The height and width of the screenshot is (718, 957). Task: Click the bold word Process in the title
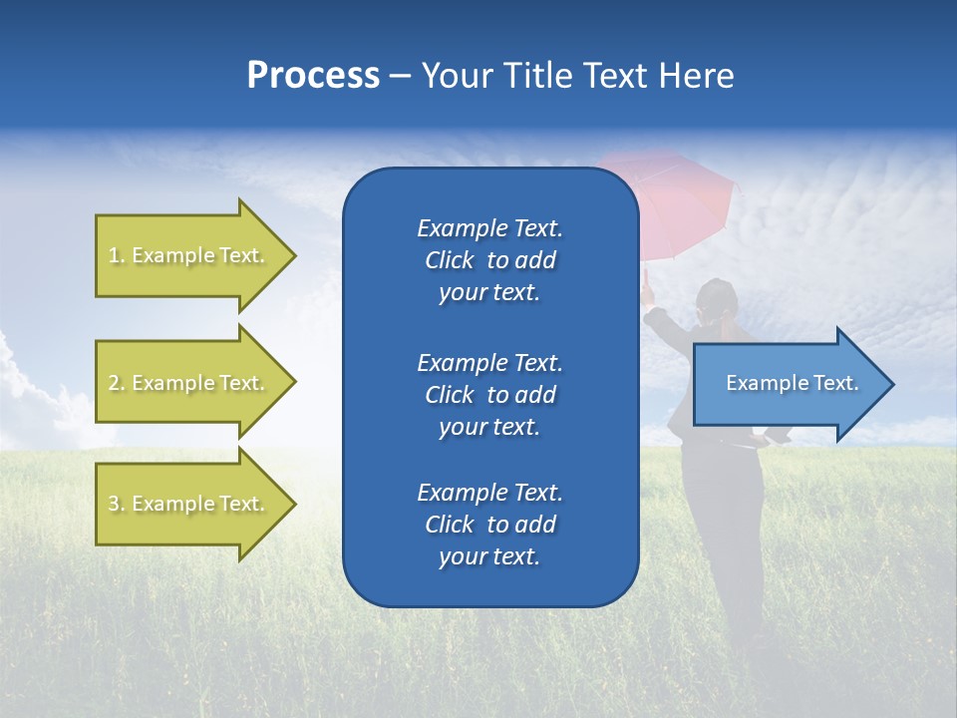pyautogui.click(x=313, y=76)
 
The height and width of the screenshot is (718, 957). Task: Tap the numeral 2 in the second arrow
pyautogui.click(x=114, y=383)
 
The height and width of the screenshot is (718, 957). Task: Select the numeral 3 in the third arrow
pyautogui.click(x=114, y=504)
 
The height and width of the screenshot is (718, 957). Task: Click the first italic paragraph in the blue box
pyautogui.click(x=489, y=260)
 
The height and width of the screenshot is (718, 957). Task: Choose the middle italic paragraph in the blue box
pyautogui.click(x=489, y=395)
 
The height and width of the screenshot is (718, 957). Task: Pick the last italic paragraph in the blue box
pyautogui.click(x=489, y=525)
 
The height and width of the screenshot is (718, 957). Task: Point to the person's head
pyautogui.click(x=716, y=299)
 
